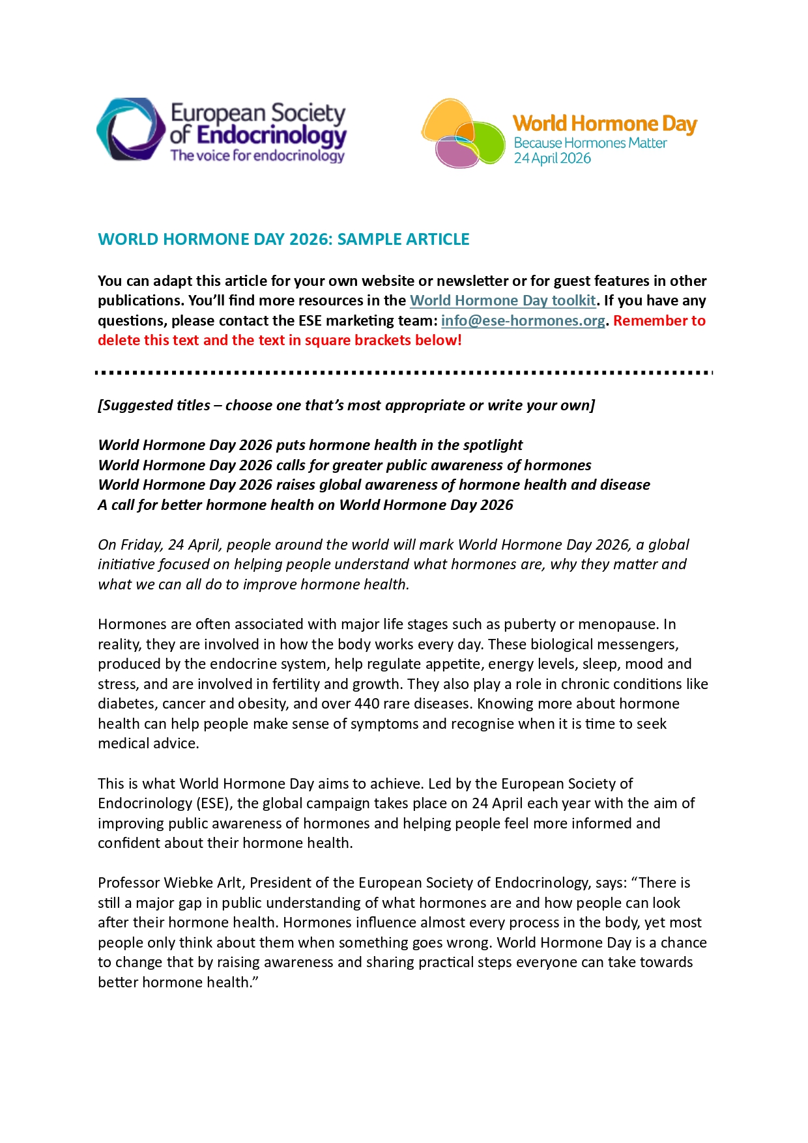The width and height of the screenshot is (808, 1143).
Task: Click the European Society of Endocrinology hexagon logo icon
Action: (130, 130)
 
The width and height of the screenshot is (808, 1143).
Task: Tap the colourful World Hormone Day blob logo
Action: (463, 134)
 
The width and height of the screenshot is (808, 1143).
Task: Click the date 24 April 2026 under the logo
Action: (552, 158)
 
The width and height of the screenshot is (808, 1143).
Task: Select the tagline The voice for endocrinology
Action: (257, 156)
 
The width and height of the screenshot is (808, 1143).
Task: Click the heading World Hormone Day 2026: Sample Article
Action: (283, 239)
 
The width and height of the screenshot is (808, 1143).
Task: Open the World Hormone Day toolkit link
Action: (502, 300)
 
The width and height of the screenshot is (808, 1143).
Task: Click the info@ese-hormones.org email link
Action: (523, 320)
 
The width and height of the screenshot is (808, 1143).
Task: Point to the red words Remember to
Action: (659, 320)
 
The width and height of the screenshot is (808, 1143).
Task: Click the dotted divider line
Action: (404, 373)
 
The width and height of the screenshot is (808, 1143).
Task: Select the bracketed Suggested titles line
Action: (346, 405)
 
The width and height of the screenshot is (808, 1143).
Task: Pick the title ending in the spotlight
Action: (310, 445)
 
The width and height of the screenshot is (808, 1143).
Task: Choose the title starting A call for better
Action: (305, 505)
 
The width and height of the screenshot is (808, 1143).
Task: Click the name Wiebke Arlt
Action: (202, 882)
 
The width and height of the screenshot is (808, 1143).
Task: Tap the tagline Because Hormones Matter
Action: (590, 143)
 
